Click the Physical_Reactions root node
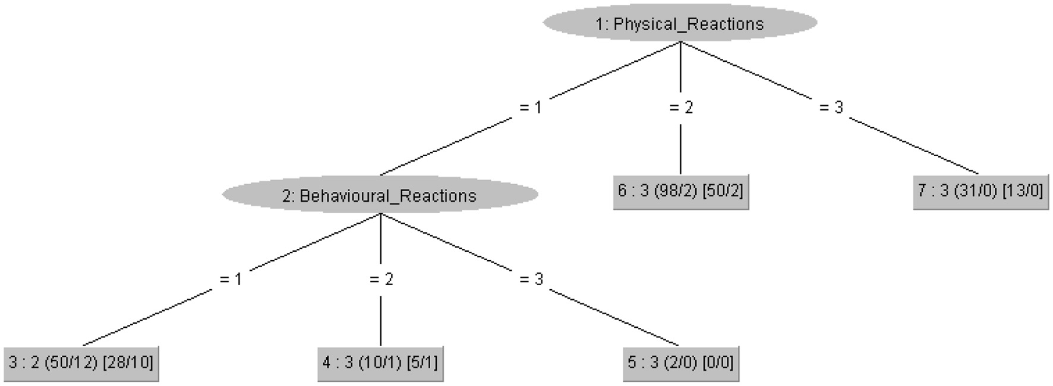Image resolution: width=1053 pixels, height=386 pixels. tap(680, 24)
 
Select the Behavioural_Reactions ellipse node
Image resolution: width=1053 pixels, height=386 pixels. tap(380, 195)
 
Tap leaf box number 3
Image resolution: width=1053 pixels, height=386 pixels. tap(81, 362)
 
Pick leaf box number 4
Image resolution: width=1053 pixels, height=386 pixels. tap(380, 362)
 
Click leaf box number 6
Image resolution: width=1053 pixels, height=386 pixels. tap(680, 191)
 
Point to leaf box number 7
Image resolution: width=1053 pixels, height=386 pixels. tap(981, 191)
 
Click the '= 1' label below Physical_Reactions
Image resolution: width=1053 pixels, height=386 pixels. tap(530, 107)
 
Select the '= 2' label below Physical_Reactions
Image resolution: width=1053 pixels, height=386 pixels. tap(680, 107)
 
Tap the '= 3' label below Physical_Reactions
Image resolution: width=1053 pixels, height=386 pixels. tap(831, 107)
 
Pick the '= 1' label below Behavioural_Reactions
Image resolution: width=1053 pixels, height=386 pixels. tap(231, 279)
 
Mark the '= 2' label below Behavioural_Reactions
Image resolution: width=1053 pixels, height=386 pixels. tap(381, 279)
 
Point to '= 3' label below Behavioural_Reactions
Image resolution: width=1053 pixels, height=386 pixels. tap(531, 279)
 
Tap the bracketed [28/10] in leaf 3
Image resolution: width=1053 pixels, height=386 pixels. tap(128, 362)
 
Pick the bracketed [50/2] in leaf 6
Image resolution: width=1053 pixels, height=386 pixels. tap(723, 191)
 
